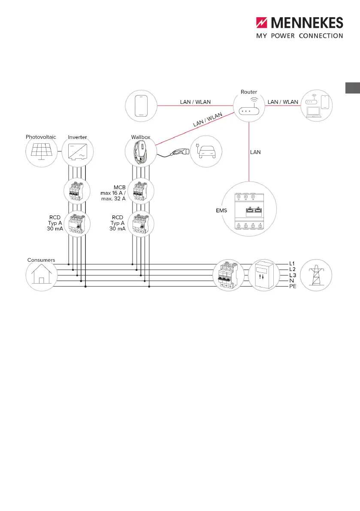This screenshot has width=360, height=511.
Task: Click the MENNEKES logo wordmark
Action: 307,23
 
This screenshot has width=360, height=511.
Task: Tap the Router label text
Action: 249,92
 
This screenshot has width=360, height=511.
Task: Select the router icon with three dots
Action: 249,111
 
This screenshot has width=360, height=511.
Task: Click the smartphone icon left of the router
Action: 141,106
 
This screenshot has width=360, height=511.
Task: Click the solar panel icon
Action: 41,151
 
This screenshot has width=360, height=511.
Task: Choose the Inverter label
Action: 77,137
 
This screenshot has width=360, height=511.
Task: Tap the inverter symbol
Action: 78,152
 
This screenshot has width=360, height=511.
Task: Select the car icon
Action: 206,151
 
